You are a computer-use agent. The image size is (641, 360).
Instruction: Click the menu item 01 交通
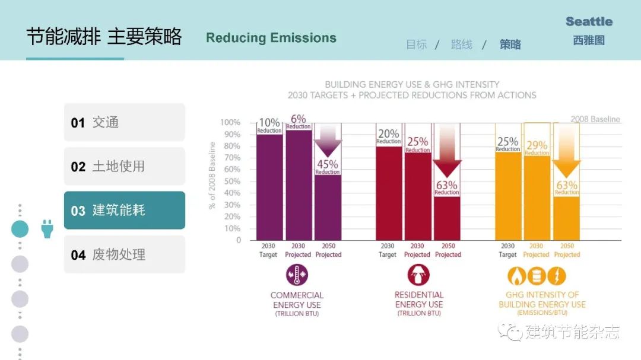[124, 122]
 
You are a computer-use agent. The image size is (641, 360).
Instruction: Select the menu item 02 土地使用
[124, 166]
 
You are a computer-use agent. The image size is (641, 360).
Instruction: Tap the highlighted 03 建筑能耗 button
[124, 210]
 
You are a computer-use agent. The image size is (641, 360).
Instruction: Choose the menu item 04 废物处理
[124, 254]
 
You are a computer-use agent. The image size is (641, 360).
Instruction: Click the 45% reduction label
[328, 166]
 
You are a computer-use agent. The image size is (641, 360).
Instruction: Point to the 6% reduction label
[298, 121]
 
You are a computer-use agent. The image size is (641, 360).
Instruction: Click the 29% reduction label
[537, 147]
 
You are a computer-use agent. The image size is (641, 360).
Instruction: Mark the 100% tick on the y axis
[230, 123]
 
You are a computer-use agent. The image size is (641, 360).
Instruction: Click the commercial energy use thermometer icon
[297, 275]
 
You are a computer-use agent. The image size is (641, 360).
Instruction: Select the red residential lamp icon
[418, 275]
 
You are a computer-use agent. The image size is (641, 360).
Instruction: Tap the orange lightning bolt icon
[556, 276]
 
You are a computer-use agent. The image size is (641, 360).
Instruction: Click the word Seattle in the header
[589, 22]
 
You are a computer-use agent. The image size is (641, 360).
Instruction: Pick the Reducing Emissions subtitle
[271, 38]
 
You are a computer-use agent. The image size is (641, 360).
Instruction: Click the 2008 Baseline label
[595, 119]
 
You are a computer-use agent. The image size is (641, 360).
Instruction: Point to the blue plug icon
[47, 228]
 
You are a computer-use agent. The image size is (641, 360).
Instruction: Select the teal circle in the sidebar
[20, 229]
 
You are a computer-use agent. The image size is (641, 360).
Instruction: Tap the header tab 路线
[461, 44]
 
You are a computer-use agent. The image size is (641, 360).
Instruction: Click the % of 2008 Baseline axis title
[212, 176]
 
